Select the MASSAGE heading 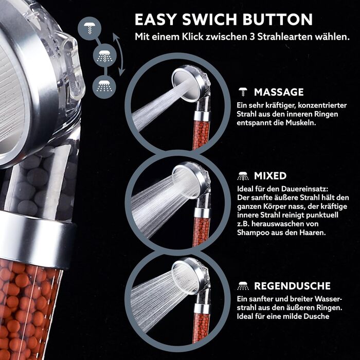click(x=279, y=92)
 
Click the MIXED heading click(x=270, y=176)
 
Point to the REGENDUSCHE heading click(x=292, y=286)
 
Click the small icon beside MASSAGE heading click(x=243, y=92)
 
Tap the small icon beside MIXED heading click(x=243, y=176)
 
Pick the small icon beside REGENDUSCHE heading click(x=243, y=286)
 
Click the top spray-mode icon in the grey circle click(x=89, y=28)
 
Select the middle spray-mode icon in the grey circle click(x=105, y=56)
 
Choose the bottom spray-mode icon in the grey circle click(x=104, y=87)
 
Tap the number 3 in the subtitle click(x=252, y=37)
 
